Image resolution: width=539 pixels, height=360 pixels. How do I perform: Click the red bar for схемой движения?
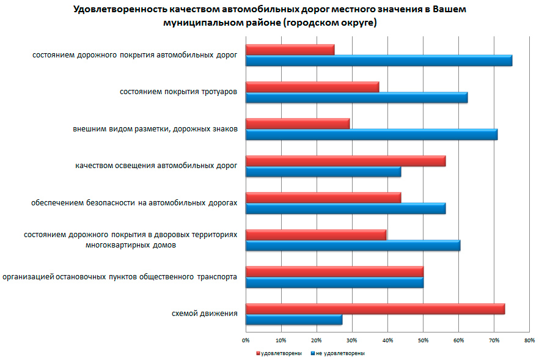[x=375, y=309]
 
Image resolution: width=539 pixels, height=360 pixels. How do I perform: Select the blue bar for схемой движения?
[x=293, y=320]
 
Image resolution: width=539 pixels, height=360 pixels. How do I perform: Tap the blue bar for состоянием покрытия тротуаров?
[x=356, y=97]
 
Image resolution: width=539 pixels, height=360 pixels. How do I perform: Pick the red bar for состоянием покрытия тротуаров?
[x=312, y=86]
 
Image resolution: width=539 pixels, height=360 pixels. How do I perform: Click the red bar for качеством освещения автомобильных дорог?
[x=345, y=161]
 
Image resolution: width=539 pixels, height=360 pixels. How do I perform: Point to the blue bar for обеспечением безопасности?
[x=345, y=208]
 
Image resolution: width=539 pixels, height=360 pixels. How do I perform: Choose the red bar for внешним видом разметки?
[x=297, y=123]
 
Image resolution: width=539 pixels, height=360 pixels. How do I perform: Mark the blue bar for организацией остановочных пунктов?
[x=334, y=282]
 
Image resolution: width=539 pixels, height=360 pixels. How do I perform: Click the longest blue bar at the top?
[x=378, y=61]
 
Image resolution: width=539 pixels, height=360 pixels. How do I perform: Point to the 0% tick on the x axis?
[x=246, y=340]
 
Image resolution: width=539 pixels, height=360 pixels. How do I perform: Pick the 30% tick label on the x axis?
[x=352, y=340]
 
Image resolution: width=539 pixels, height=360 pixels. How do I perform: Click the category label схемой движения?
[x=204, y=314]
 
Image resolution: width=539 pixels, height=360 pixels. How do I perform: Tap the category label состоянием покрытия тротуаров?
[x=178, y=92]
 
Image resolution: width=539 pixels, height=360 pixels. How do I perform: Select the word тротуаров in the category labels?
[x=219, y=92]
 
